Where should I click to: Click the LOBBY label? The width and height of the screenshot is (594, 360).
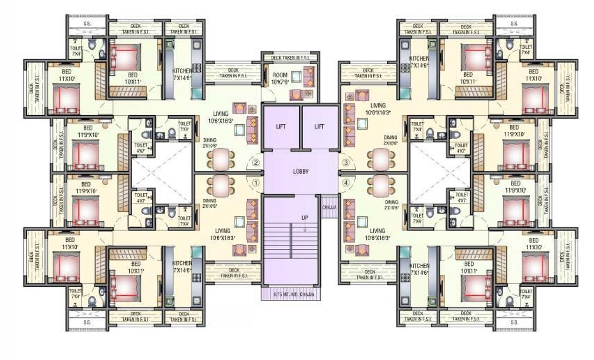click(300, 172)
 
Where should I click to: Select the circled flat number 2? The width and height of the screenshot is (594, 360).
click(256, 163)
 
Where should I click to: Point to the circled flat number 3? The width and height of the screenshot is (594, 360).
click(346, 163)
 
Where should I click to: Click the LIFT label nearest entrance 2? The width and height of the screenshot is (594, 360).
click(281, 127)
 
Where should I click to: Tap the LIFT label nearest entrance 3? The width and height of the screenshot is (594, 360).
click(319, 127)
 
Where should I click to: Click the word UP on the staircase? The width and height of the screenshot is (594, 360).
click(305, 217)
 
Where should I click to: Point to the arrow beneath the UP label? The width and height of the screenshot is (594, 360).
click(305, 228)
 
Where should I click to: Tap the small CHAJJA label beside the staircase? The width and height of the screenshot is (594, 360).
click(329, 207)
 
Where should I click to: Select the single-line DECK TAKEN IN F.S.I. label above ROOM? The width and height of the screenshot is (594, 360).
click(290, 58)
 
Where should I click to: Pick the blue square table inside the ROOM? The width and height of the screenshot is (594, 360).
click(296, 76)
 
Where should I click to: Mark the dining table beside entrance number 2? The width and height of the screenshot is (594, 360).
click(220, 159)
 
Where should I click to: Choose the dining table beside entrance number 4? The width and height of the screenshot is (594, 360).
click(380, 186)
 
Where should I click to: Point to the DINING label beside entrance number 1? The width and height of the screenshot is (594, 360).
click(209, 202)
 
